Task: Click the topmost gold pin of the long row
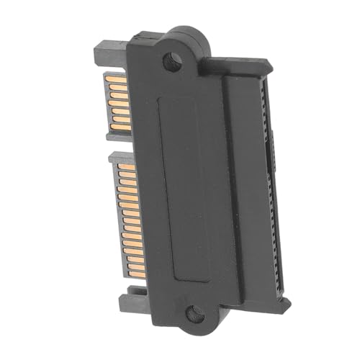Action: coord(121,161)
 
